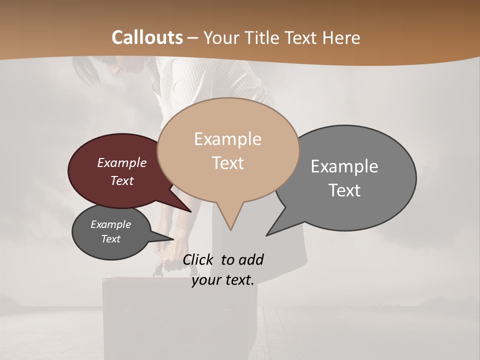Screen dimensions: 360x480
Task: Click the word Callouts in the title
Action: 147,37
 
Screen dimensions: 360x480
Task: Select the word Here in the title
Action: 341,37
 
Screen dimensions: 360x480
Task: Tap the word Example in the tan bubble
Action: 227,139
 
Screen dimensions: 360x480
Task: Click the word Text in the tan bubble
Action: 228,163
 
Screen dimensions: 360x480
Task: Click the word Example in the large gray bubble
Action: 344,166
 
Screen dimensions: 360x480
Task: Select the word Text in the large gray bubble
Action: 344,190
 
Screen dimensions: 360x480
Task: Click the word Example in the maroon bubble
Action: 121,162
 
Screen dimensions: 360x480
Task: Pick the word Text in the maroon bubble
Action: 121,180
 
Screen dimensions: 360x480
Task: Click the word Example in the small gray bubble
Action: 110,224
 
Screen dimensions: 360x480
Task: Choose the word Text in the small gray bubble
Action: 110,239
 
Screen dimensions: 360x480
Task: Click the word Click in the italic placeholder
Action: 198,259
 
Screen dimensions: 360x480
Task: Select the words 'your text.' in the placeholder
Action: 223,280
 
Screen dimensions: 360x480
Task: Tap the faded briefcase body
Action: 180,315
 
